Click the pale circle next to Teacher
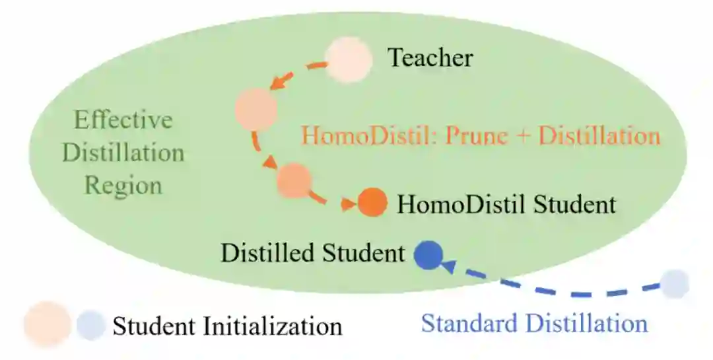349,59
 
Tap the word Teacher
430,58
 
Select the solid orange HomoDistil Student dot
372,202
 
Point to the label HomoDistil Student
506,204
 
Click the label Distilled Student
312,253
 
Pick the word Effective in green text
123,120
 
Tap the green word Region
123,186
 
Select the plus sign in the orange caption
520,136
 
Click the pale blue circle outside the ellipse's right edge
675,284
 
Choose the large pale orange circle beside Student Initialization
47,324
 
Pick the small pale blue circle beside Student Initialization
90,325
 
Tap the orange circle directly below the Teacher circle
256,110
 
